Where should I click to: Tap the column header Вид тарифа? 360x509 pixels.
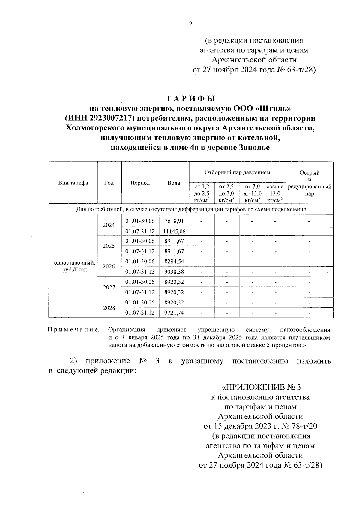73,183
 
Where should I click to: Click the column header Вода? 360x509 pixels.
174,183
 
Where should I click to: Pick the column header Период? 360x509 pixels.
140,183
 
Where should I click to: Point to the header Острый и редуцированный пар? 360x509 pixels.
310,183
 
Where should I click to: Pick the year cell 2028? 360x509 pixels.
109,308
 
